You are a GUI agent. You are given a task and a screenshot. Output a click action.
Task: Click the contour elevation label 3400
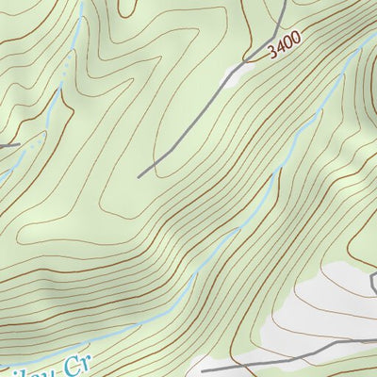click(284, 45)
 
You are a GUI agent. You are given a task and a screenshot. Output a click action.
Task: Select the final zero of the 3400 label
click(296, 39)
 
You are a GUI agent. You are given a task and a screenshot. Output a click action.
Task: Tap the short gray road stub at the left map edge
click(8, 145)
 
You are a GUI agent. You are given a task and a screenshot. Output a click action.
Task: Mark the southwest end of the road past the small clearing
click(139, 176)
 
